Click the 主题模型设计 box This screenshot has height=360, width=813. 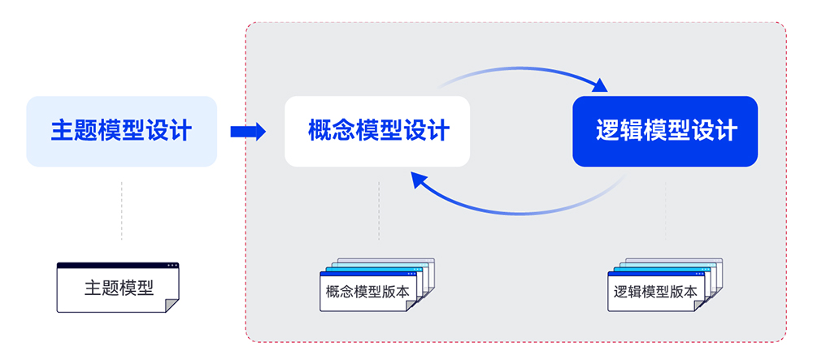click(x=122, y=131)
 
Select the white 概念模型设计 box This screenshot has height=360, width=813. click(x=377, y=131)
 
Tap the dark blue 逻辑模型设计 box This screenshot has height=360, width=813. click(x=665, y=131)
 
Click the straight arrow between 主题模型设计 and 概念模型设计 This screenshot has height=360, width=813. click(x=248, y=132)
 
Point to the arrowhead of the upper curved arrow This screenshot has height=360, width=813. click(x=600, y=84)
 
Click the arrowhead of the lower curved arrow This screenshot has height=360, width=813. click(x=419, y=180)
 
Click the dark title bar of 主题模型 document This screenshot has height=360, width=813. click(x=118, y=266)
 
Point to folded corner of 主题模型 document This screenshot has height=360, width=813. click(x=172, y=305)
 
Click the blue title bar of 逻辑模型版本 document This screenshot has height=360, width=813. click(x=658, y=276)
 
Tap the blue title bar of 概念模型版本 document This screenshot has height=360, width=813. click(x=369, y=276)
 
